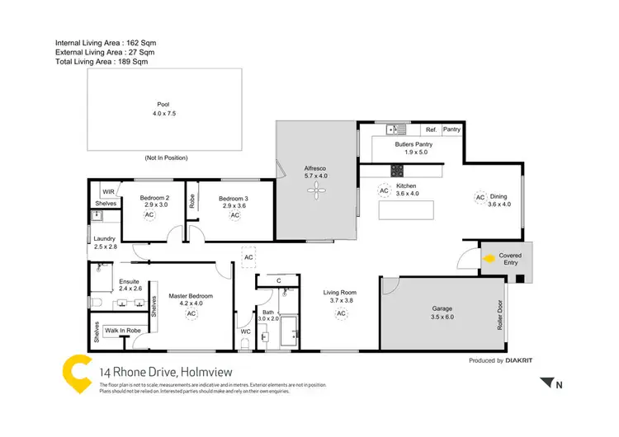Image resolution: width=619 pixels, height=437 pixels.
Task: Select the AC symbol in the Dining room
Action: tap(480, 197)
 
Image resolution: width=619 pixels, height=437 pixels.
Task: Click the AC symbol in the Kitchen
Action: tap(383, 190)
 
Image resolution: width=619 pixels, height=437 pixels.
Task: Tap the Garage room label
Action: tap(442, 311)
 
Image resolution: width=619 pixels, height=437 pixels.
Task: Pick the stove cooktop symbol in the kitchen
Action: tap(397, 171)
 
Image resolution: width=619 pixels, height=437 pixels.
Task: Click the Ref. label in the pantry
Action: tap(431, 129)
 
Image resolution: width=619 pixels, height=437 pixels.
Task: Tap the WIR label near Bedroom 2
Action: tap(108, 190)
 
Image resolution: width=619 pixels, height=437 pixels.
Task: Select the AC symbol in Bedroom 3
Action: tap(234, 215)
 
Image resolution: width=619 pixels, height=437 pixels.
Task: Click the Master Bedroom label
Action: tap(191, 296)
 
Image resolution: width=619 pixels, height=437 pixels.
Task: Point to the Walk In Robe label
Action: tap(123, 330)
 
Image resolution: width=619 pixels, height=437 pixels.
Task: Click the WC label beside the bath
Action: tap(245, 331)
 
